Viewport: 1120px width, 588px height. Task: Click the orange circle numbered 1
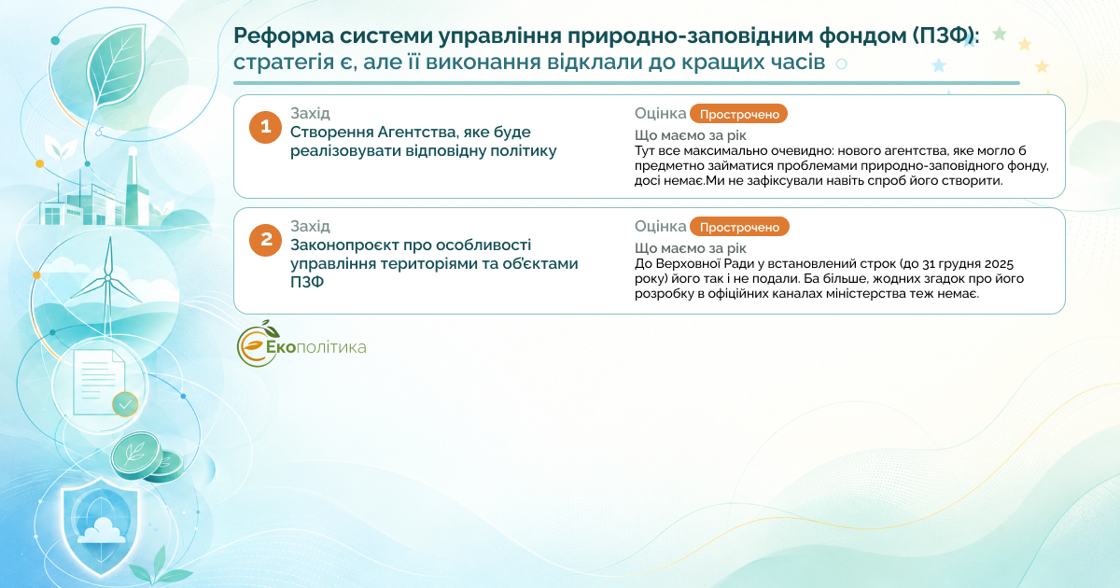(265, 127)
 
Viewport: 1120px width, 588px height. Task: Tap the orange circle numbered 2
(265, 240)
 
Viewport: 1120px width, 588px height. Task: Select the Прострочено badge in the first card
(738, 114)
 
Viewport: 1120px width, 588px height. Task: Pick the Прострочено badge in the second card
(739, 227)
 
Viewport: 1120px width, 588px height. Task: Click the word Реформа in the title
(284, 36)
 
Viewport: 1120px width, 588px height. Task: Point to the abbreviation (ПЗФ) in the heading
(942, 36)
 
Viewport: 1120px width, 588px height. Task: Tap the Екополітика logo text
(316, 347)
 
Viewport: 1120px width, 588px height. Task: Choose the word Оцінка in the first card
(660, 114)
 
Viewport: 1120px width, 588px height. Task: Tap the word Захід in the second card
(310, 227)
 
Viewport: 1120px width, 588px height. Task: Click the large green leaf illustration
(116, 64)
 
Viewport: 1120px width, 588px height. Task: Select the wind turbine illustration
(107, 285)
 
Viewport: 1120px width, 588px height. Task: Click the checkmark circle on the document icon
(125, 404)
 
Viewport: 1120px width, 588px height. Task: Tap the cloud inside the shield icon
(103, 531)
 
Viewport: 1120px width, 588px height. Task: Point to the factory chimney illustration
(133, 185)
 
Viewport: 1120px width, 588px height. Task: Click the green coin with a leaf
(136, 455)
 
